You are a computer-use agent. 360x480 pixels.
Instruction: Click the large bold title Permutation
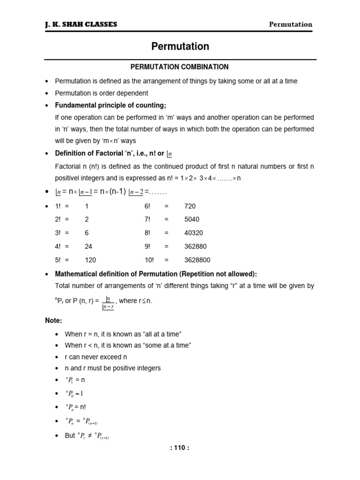tap(180, 46)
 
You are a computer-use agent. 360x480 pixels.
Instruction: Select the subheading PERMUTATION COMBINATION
tap(180, 67)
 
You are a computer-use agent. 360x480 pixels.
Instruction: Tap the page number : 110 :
tap(180, 447)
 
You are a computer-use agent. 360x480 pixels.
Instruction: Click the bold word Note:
tap(53, 321)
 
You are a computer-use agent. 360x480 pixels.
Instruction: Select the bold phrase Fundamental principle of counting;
tap(111, 105)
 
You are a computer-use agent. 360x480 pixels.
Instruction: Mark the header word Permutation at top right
tap(291, 24)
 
